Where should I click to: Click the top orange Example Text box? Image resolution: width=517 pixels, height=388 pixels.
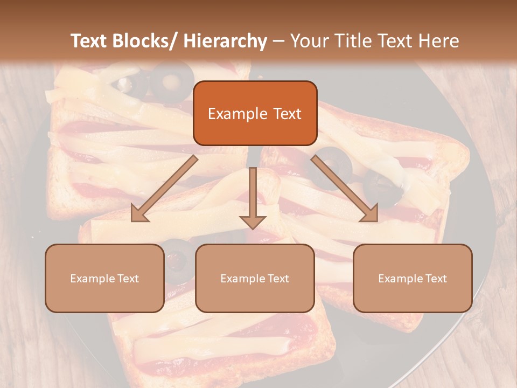255,113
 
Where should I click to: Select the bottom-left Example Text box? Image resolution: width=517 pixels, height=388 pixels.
104,278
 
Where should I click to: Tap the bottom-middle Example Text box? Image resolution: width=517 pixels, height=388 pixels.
255,278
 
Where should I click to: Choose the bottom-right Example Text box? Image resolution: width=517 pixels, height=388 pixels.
413,278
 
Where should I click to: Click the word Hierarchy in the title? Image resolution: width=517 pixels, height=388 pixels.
225,41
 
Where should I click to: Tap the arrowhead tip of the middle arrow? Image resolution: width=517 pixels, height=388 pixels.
253,227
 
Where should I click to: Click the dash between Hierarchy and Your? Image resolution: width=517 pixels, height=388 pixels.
279,41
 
